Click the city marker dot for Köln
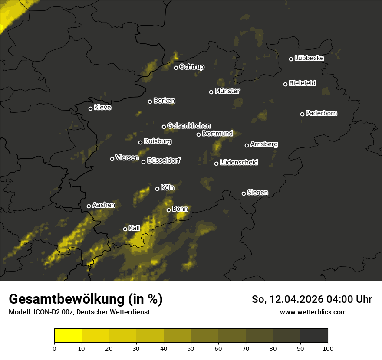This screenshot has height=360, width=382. [158, 189]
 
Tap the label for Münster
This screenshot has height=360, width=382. [227, 91]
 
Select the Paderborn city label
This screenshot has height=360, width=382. [321, 113]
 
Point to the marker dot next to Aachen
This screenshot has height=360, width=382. [89, 206]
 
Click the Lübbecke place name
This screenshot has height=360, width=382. [309, 58]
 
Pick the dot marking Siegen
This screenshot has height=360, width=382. [244, 193]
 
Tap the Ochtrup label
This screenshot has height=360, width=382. [191, 67]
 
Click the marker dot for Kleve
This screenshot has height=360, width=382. [91, 108]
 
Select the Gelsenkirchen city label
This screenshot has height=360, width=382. [189, 126]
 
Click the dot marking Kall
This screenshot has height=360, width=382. [125, 229]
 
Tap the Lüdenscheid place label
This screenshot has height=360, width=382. [239, 163]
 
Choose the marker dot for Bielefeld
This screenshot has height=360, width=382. [286, 84]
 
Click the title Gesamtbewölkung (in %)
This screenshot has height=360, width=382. [86, 299]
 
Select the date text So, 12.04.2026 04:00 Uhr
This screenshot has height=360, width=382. [312, 299]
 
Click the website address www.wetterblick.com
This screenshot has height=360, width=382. [313, 312]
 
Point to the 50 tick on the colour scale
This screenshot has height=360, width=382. [191, 348]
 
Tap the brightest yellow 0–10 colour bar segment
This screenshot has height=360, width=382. [68, 336]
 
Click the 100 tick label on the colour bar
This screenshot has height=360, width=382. [328, 348]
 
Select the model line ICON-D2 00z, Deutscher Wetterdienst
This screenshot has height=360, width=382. [79, 312]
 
